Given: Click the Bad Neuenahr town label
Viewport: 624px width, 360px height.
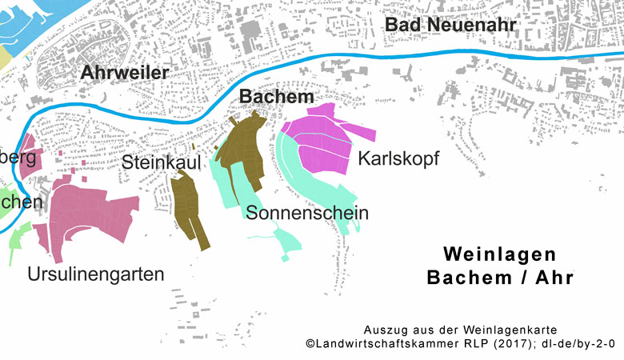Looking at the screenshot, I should tap(450, 25).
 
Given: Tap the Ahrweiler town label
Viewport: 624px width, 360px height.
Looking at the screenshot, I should tap(124, 73).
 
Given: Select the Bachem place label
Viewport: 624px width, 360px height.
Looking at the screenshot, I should tap(276, 97).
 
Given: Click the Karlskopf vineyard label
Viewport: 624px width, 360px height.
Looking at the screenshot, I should tap(398, 158).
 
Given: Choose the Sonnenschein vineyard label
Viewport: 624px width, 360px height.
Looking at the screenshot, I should tap(307, 213).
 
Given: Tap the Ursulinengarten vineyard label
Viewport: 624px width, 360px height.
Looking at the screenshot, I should tap(95, 274).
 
